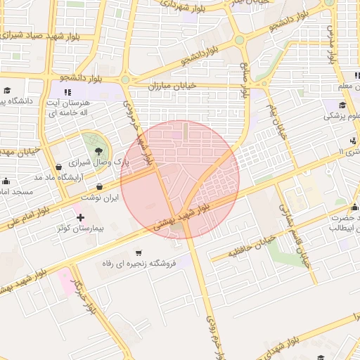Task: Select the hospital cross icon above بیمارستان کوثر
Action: pyautogui.click(x=79, y=217)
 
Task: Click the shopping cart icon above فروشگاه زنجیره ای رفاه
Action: pyautogui.click(x=139, y=252)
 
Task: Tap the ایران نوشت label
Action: pyautogui.click(x=98, y=198)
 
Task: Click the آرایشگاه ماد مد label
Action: pyautogui.click(x=75, y=175)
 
